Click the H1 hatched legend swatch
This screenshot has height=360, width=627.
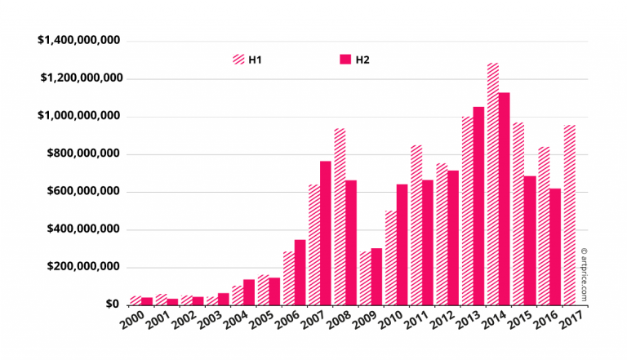239,60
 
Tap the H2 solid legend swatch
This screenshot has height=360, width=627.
345,60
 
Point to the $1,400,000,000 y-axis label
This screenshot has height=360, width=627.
79,41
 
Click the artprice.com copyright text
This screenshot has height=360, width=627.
584,275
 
